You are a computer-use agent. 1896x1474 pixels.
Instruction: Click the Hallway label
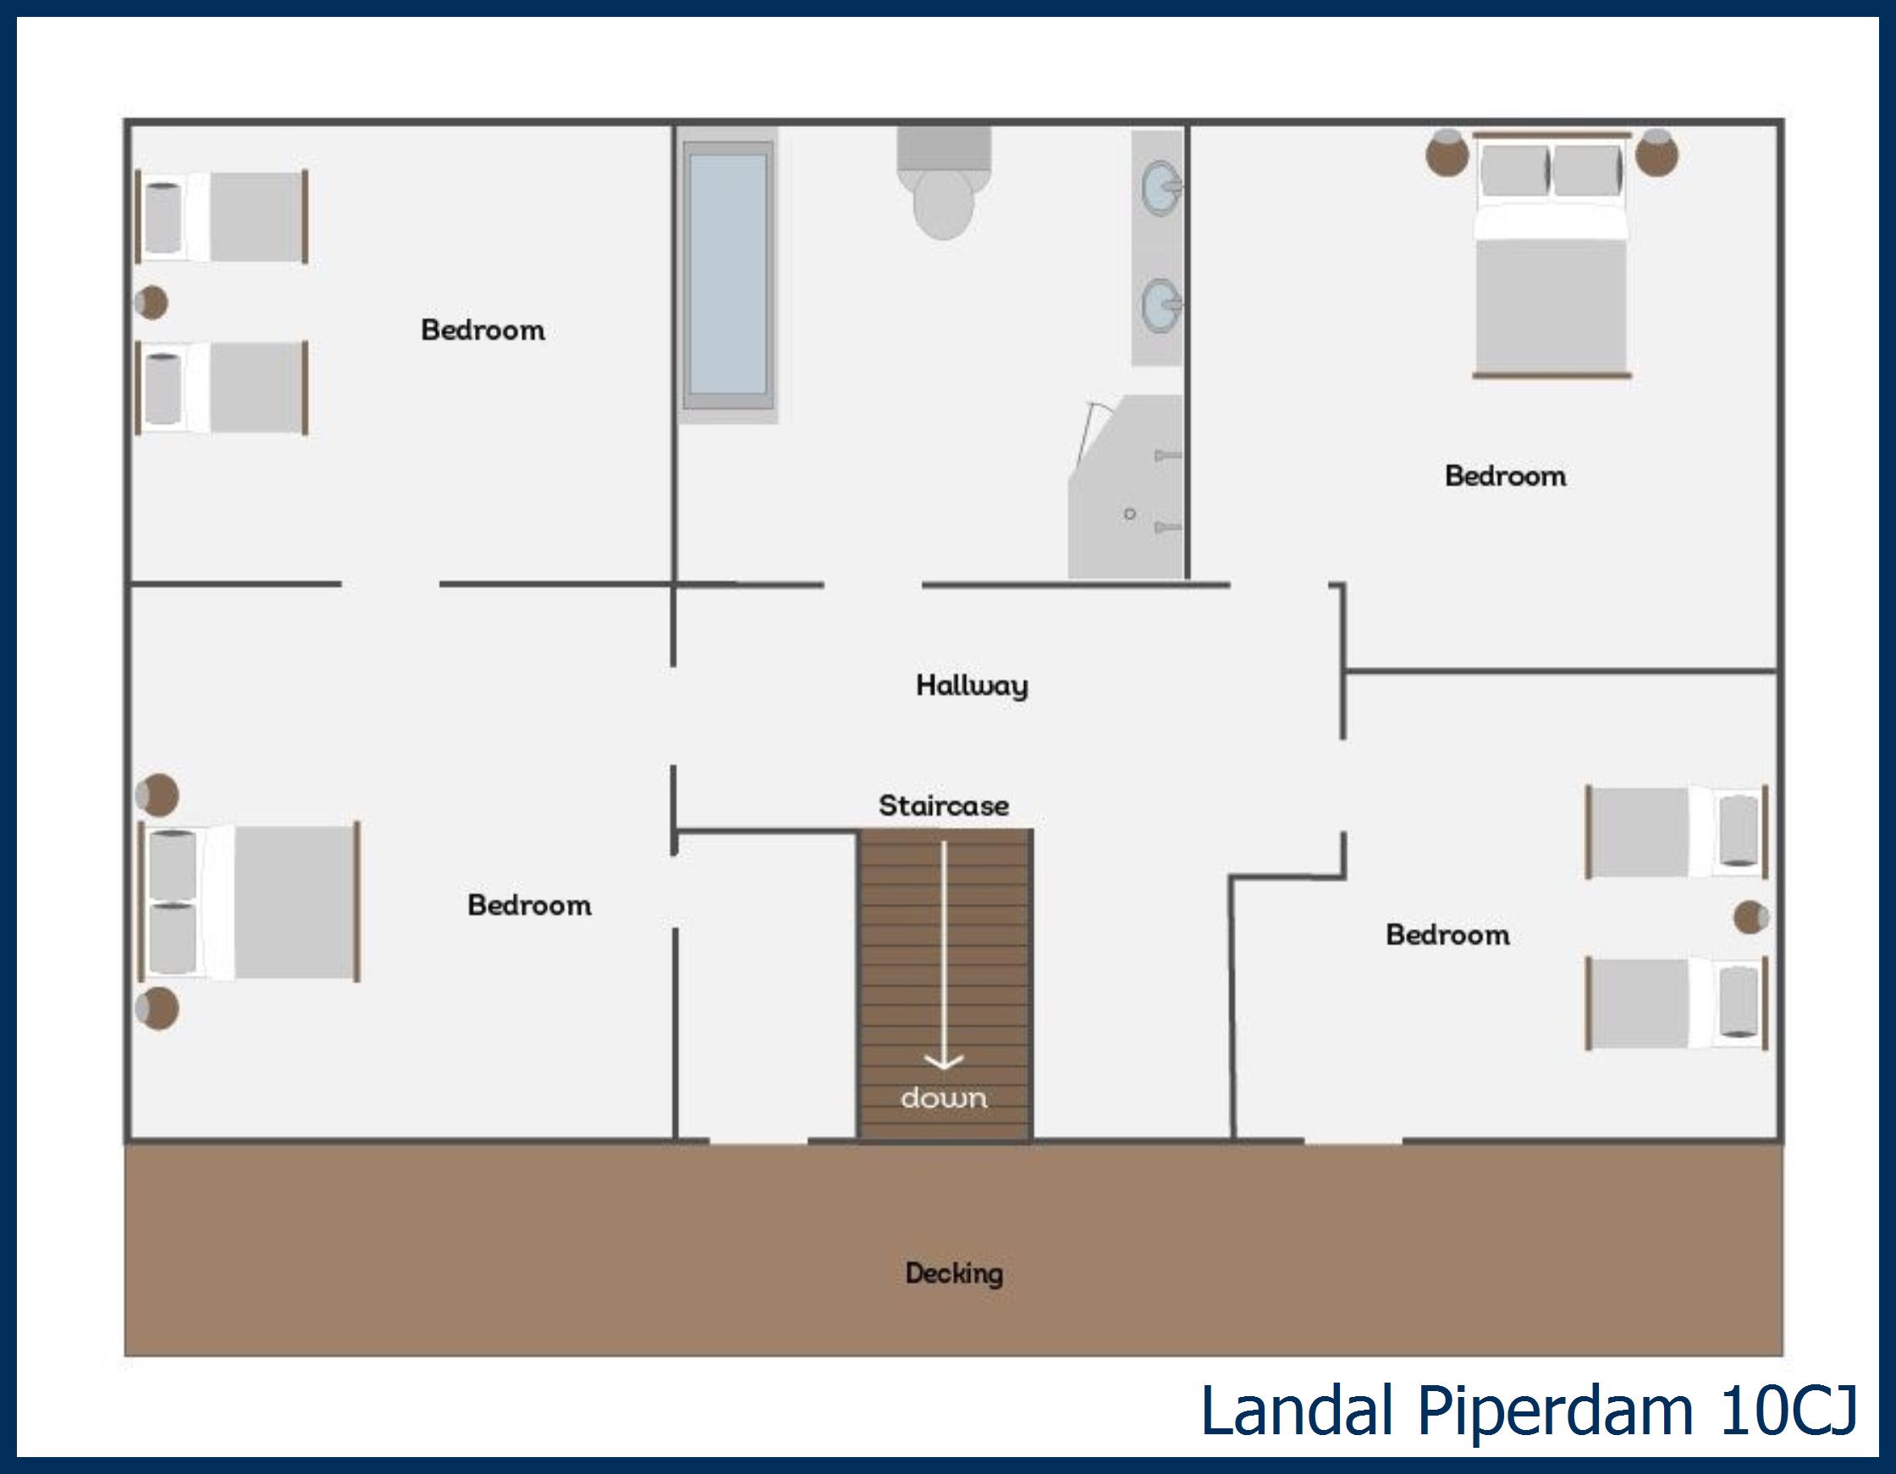972,685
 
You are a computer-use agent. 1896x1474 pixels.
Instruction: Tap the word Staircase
944,806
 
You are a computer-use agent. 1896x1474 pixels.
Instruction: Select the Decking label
954,1273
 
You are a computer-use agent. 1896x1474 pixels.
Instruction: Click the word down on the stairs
944,1098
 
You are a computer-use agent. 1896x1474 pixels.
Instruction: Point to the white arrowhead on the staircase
944,1061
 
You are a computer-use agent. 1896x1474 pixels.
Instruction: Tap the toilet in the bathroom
944,183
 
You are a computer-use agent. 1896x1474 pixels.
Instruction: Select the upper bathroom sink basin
1160,188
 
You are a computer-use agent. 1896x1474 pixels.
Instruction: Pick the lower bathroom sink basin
1160,305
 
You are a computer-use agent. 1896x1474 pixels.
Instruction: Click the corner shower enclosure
1126,487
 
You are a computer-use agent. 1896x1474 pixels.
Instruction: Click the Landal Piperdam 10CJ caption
1529,1411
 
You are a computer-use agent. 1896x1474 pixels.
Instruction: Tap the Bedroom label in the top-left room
482,330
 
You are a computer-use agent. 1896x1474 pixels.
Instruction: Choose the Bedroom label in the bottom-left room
530,905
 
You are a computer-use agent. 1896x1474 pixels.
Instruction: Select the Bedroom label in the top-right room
1505,476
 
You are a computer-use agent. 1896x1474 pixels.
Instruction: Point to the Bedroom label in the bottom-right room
1448,935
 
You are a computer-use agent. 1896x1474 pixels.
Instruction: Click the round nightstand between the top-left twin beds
152,303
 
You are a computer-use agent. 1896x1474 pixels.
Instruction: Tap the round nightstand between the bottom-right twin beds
1751,917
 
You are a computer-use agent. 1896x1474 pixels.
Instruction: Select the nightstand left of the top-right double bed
1447,154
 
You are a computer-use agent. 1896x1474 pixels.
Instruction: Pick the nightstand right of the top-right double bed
1656,154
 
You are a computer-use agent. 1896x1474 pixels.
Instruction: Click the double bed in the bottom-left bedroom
249,903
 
